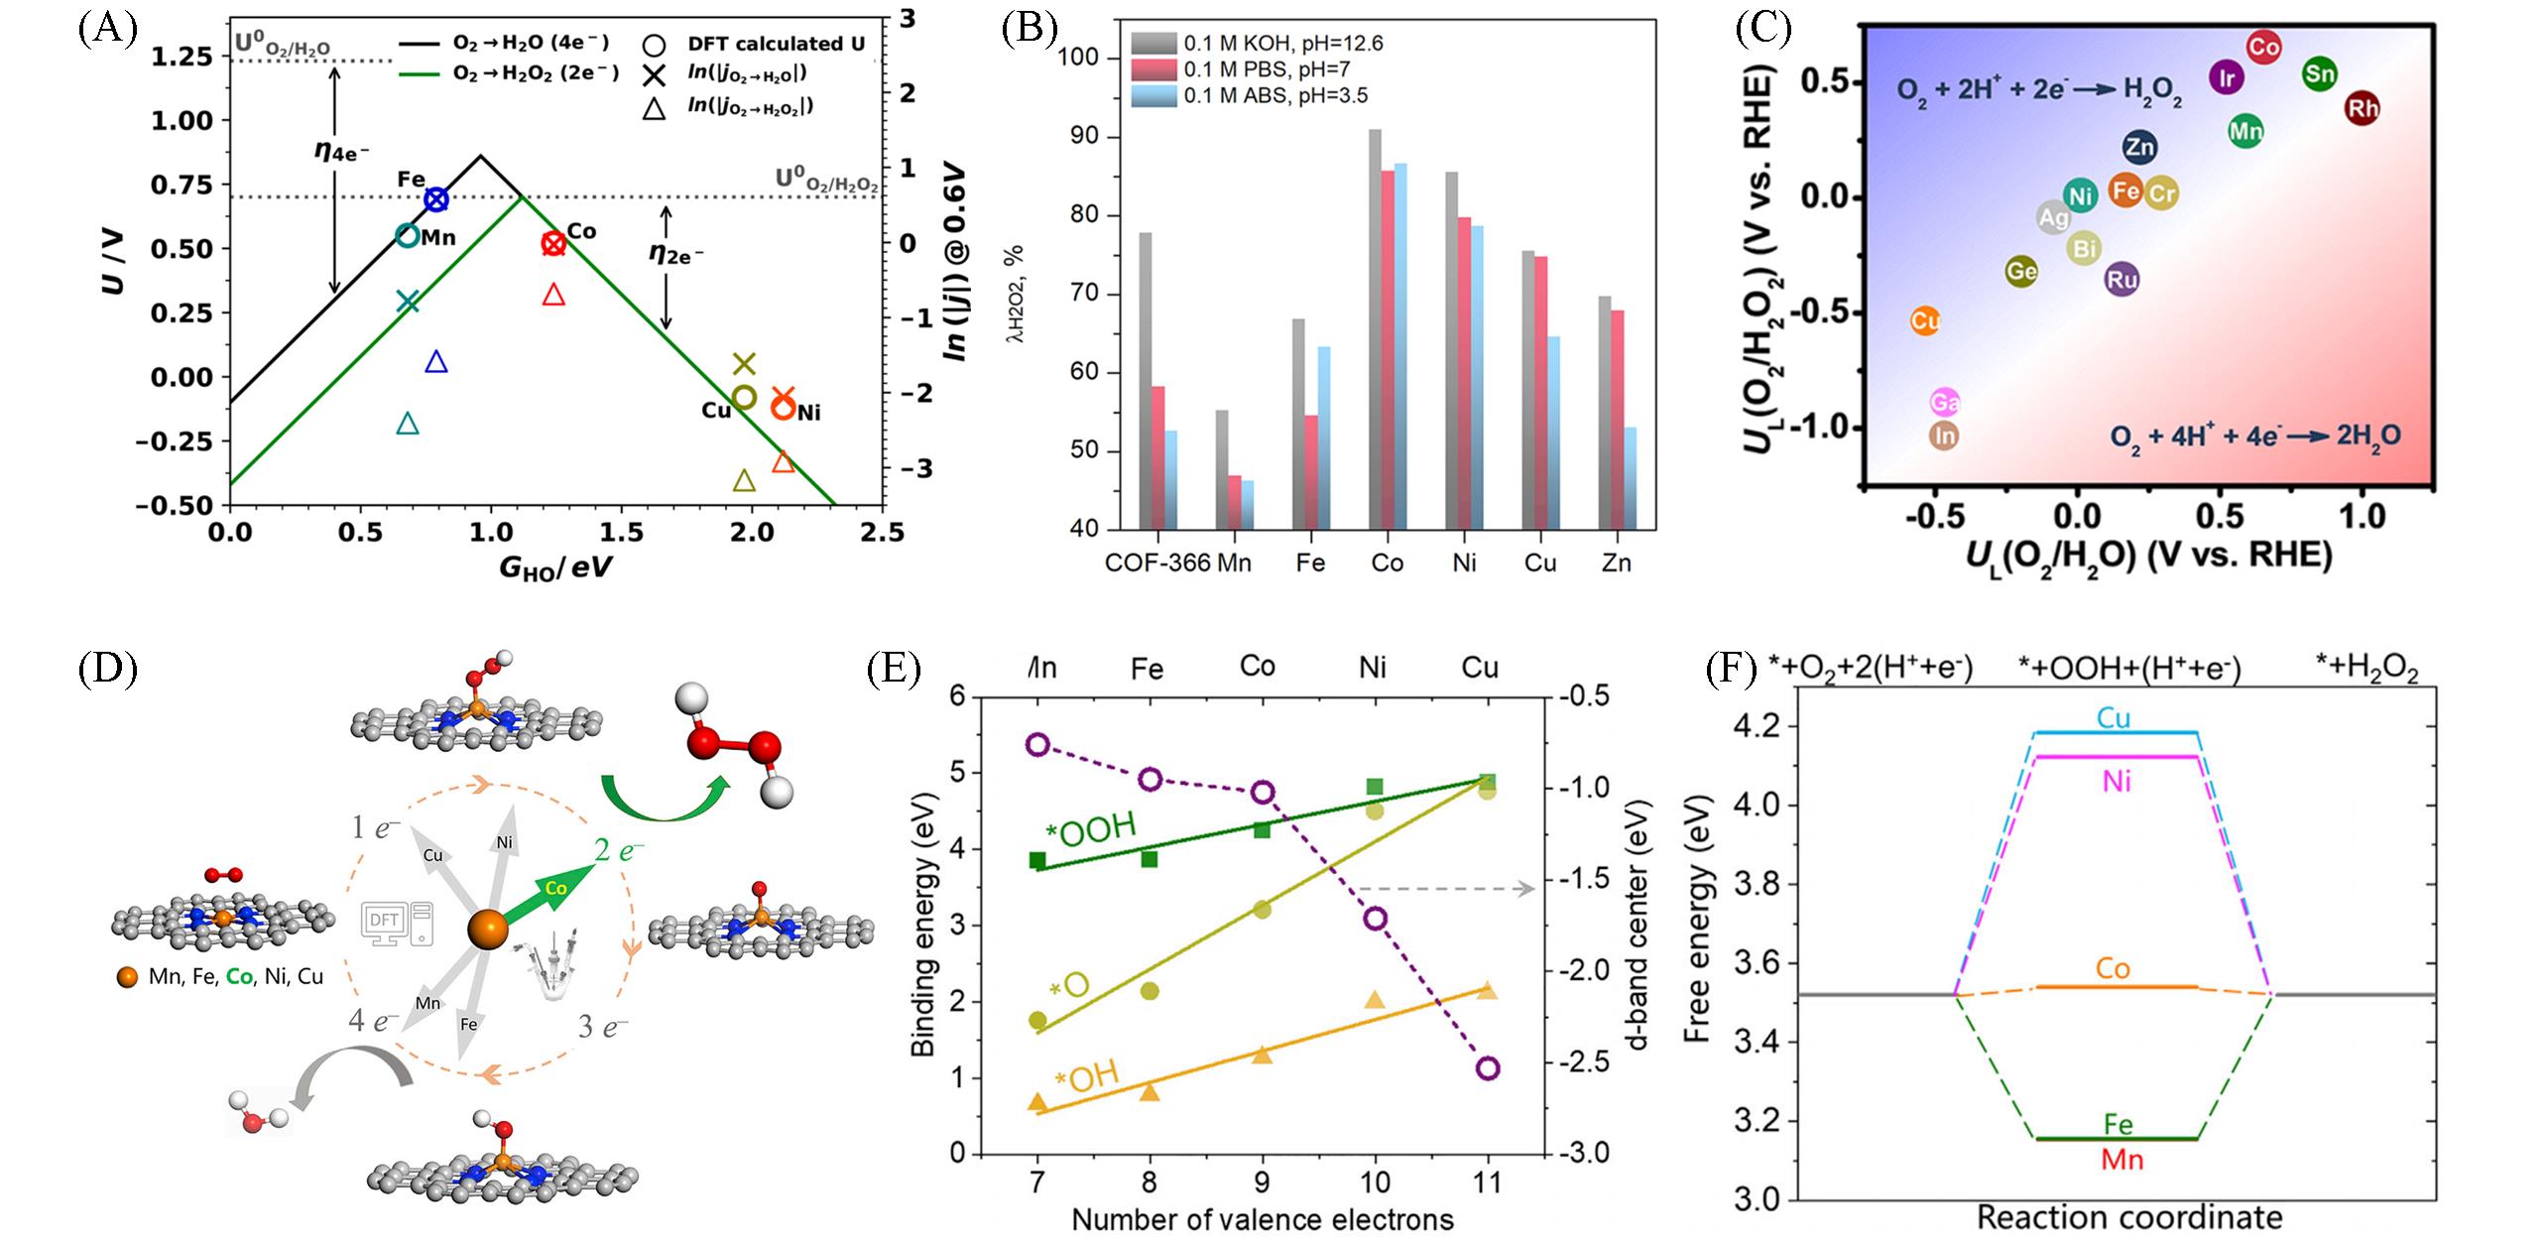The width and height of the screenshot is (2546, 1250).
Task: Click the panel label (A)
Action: tap(107, 29)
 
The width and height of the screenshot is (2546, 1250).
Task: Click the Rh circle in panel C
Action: tap(2362, 108)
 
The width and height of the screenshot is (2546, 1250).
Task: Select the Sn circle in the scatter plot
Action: tap(2319, 73)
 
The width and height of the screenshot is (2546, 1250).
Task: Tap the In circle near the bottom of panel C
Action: tap(1944, 436)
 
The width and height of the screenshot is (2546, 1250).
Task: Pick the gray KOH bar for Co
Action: tap(1375, 328)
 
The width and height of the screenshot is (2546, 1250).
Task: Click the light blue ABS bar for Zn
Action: tap(1630, 477)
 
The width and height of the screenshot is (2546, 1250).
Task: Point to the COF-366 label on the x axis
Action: tap(1157, 563)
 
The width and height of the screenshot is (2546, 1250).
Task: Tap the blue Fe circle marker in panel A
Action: tap(435, 199)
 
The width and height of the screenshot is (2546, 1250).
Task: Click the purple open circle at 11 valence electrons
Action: tap(1487, 1068)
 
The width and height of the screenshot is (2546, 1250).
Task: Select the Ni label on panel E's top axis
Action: tap(1373, 668)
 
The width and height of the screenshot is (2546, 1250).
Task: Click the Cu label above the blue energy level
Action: tap(2114, 717)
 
